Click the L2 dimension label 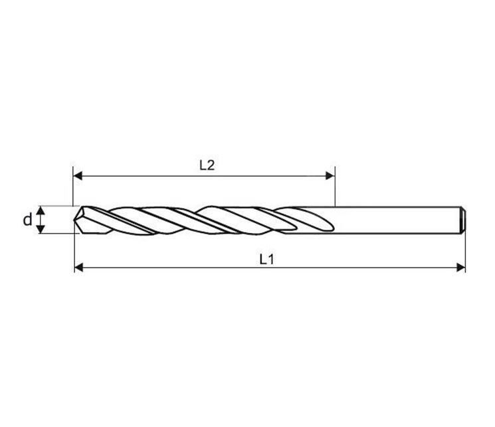pos(207,165)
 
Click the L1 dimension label pos(266,259)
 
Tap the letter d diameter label pos(28,219)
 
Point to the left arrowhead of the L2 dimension pos(78,176)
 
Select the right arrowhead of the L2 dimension pos(330,176)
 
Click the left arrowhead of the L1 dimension pos(79,268)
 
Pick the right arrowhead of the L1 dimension pos(461,268)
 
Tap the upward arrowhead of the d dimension pos(41,211)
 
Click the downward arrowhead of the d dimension pos(41,229)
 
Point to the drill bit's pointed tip pos(74,220)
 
